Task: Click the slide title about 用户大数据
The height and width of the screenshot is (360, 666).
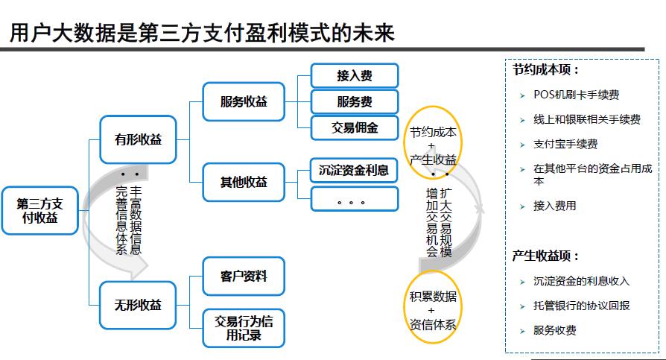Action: coord(201,32)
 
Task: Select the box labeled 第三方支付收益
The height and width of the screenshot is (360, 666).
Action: coord(39,210)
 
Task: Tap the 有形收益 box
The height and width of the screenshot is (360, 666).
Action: coord(138,139)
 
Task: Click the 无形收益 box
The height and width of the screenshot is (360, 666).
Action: coord(138,305)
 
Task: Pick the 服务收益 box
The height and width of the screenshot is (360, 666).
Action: coord(244,101)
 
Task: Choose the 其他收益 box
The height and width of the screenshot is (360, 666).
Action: coord(244,182)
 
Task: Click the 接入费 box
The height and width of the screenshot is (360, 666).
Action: coord(354,75)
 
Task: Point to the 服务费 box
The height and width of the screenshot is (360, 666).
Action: coord(354,101)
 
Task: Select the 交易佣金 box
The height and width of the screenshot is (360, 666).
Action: coord(354,127)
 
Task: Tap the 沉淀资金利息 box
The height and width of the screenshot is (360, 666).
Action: coord(354,170)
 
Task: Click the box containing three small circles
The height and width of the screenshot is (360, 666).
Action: coord(354,198)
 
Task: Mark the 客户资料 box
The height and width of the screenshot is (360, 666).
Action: coord(244,277)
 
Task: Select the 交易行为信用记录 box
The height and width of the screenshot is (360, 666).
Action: coord(244,328)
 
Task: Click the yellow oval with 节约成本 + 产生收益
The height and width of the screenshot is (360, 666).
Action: coord(433,145)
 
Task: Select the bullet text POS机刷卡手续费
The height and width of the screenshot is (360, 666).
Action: coord(576,95)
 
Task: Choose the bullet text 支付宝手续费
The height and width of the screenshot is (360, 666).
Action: coord(565,144)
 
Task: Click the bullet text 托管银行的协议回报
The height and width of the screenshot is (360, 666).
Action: coord(581,306)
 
